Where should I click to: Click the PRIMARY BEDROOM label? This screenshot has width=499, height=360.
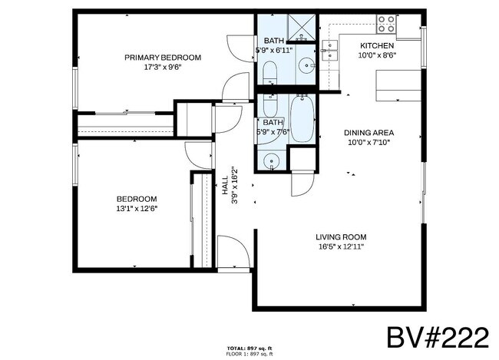(163, 58)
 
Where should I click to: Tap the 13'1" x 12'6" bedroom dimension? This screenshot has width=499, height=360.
(137, 208)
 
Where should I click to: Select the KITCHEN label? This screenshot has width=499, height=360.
(378, 45)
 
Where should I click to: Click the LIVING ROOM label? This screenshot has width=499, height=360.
(341, 236)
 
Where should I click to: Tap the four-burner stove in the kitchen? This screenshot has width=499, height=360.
(385, 25)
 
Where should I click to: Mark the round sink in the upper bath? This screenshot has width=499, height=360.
(307, 65)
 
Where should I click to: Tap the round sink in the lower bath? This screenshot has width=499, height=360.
(270, 161)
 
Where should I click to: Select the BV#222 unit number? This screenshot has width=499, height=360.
(437, 336)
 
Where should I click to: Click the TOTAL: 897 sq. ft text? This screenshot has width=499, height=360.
(249, 349)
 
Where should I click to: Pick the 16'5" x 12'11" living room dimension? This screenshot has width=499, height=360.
(341, 246)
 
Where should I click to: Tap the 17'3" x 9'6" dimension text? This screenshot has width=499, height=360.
(163, 67)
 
